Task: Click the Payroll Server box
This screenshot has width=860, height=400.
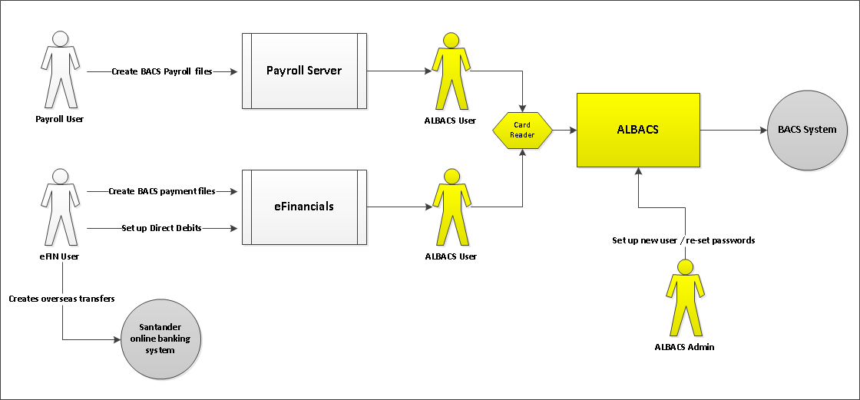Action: point(303,71)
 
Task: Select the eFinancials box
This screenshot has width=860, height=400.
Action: point(303,207)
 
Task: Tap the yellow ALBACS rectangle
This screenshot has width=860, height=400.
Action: point(638,130)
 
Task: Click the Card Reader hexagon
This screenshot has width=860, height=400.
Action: point(522,130)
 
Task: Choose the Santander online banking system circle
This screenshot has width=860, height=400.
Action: point(161,339)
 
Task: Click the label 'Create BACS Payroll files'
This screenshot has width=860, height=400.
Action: point(161,71)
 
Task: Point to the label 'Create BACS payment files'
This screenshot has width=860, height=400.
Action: point(161,191)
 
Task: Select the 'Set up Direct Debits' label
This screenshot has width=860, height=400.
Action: point(161,228)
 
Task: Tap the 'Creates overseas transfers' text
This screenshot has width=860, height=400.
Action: point(61,298)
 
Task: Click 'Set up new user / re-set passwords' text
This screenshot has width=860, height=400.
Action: point(683,240)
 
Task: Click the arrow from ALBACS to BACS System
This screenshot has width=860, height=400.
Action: point(733,130)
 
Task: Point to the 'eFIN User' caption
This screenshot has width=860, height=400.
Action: point(59,256)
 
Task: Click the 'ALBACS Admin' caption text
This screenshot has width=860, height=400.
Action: point(684,347)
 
